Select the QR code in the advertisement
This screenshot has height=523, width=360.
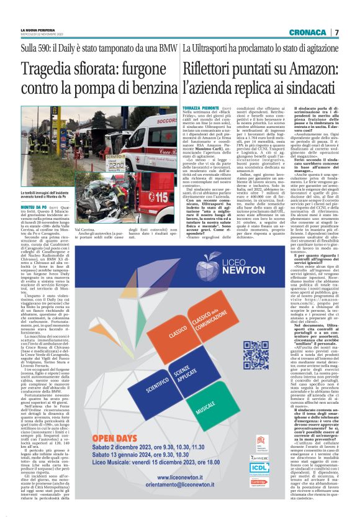click(x=256, y=355)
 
